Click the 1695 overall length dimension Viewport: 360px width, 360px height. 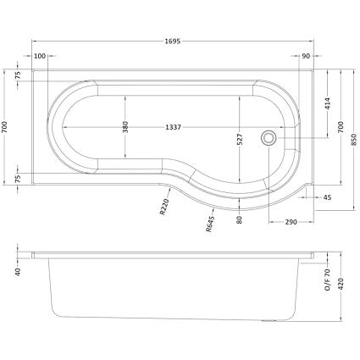click(173, 42)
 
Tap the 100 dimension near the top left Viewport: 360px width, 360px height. click(40, 56)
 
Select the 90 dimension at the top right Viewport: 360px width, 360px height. click(306, 56)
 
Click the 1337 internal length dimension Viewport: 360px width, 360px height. click(173, 127)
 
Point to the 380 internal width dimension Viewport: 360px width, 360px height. click(125, 127)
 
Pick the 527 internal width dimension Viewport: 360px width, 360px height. click(240, 140)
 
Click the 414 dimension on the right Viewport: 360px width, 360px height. click(328, 104)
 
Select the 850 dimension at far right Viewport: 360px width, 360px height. click(353, 140)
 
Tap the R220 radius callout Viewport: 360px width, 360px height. click(164, 207)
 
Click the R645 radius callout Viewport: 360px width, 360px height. click(210, 224)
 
